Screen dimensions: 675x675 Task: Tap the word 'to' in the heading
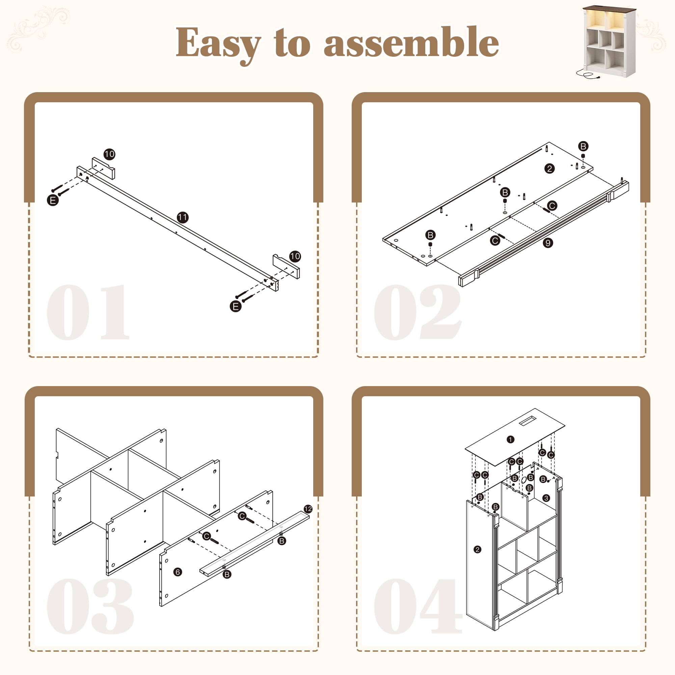click(292, 43)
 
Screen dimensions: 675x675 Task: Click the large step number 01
click(88, 312)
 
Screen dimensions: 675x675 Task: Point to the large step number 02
click(418, 312)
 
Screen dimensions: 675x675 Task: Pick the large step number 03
click(90, 606)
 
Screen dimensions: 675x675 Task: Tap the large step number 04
click(418, 606)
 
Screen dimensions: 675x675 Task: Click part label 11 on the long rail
click(183, 217)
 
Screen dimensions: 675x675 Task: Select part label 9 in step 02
click(548, 243)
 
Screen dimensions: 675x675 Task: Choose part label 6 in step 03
click(178, 572)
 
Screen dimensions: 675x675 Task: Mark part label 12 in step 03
click(308, 509)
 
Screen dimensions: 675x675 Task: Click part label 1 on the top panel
click(510, 439)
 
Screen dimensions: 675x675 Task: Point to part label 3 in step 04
click(546, 498)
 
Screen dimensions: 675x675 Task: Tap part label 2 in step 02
click(549, 169)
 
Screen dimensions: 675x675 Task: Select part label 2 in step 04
click(478, 549)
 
